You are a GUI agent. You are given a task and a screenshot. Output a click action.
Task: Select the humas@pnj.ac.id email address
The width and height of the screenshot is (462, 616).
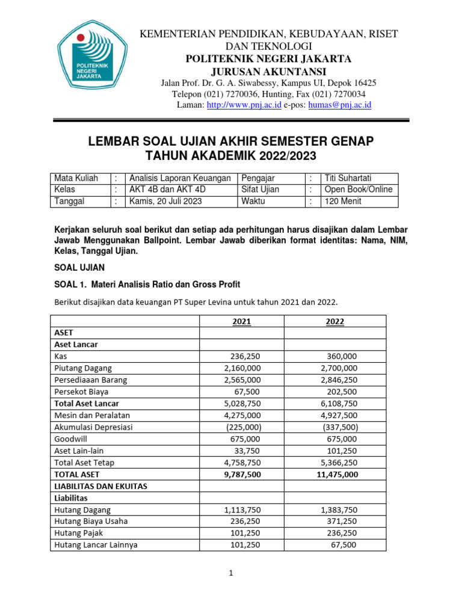tap(339, 105)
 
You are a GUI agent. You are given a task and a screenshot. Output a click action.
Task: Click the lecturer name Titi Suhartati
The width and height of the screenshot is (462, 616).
tap(348, 178)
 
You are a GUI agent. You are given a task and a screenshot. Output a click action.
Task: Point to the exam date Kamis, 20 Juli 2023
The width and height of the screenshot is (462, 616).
tap(165, 201)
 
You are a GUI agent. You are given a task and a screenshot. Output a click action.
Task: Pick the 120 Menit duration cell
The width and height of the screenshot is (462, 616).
tap(343, 201)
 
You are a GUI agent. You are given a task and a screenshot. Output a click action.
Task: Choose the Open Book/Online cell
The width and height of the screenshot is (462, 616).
tap(358, 189)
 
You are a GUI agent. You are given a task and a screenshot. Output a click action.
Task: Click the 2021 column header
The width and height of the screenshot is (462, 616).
tap(241, 321)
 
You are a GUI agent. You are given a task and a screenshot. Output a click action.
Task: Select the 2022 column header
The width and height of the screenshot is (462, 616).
tap(335, 321)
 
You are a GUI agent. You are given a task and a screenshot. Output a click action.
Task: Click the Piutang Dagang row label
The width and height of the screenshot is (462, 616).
tap(83, 368)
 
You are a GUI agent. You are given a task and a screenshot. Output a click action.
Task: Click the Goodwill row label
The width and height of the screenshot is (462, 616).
tap(72, 439)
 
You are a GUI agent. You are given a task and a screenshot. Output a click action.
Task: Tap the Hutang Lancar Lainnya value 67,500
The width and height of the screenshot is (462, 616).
tap(343, 544)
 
